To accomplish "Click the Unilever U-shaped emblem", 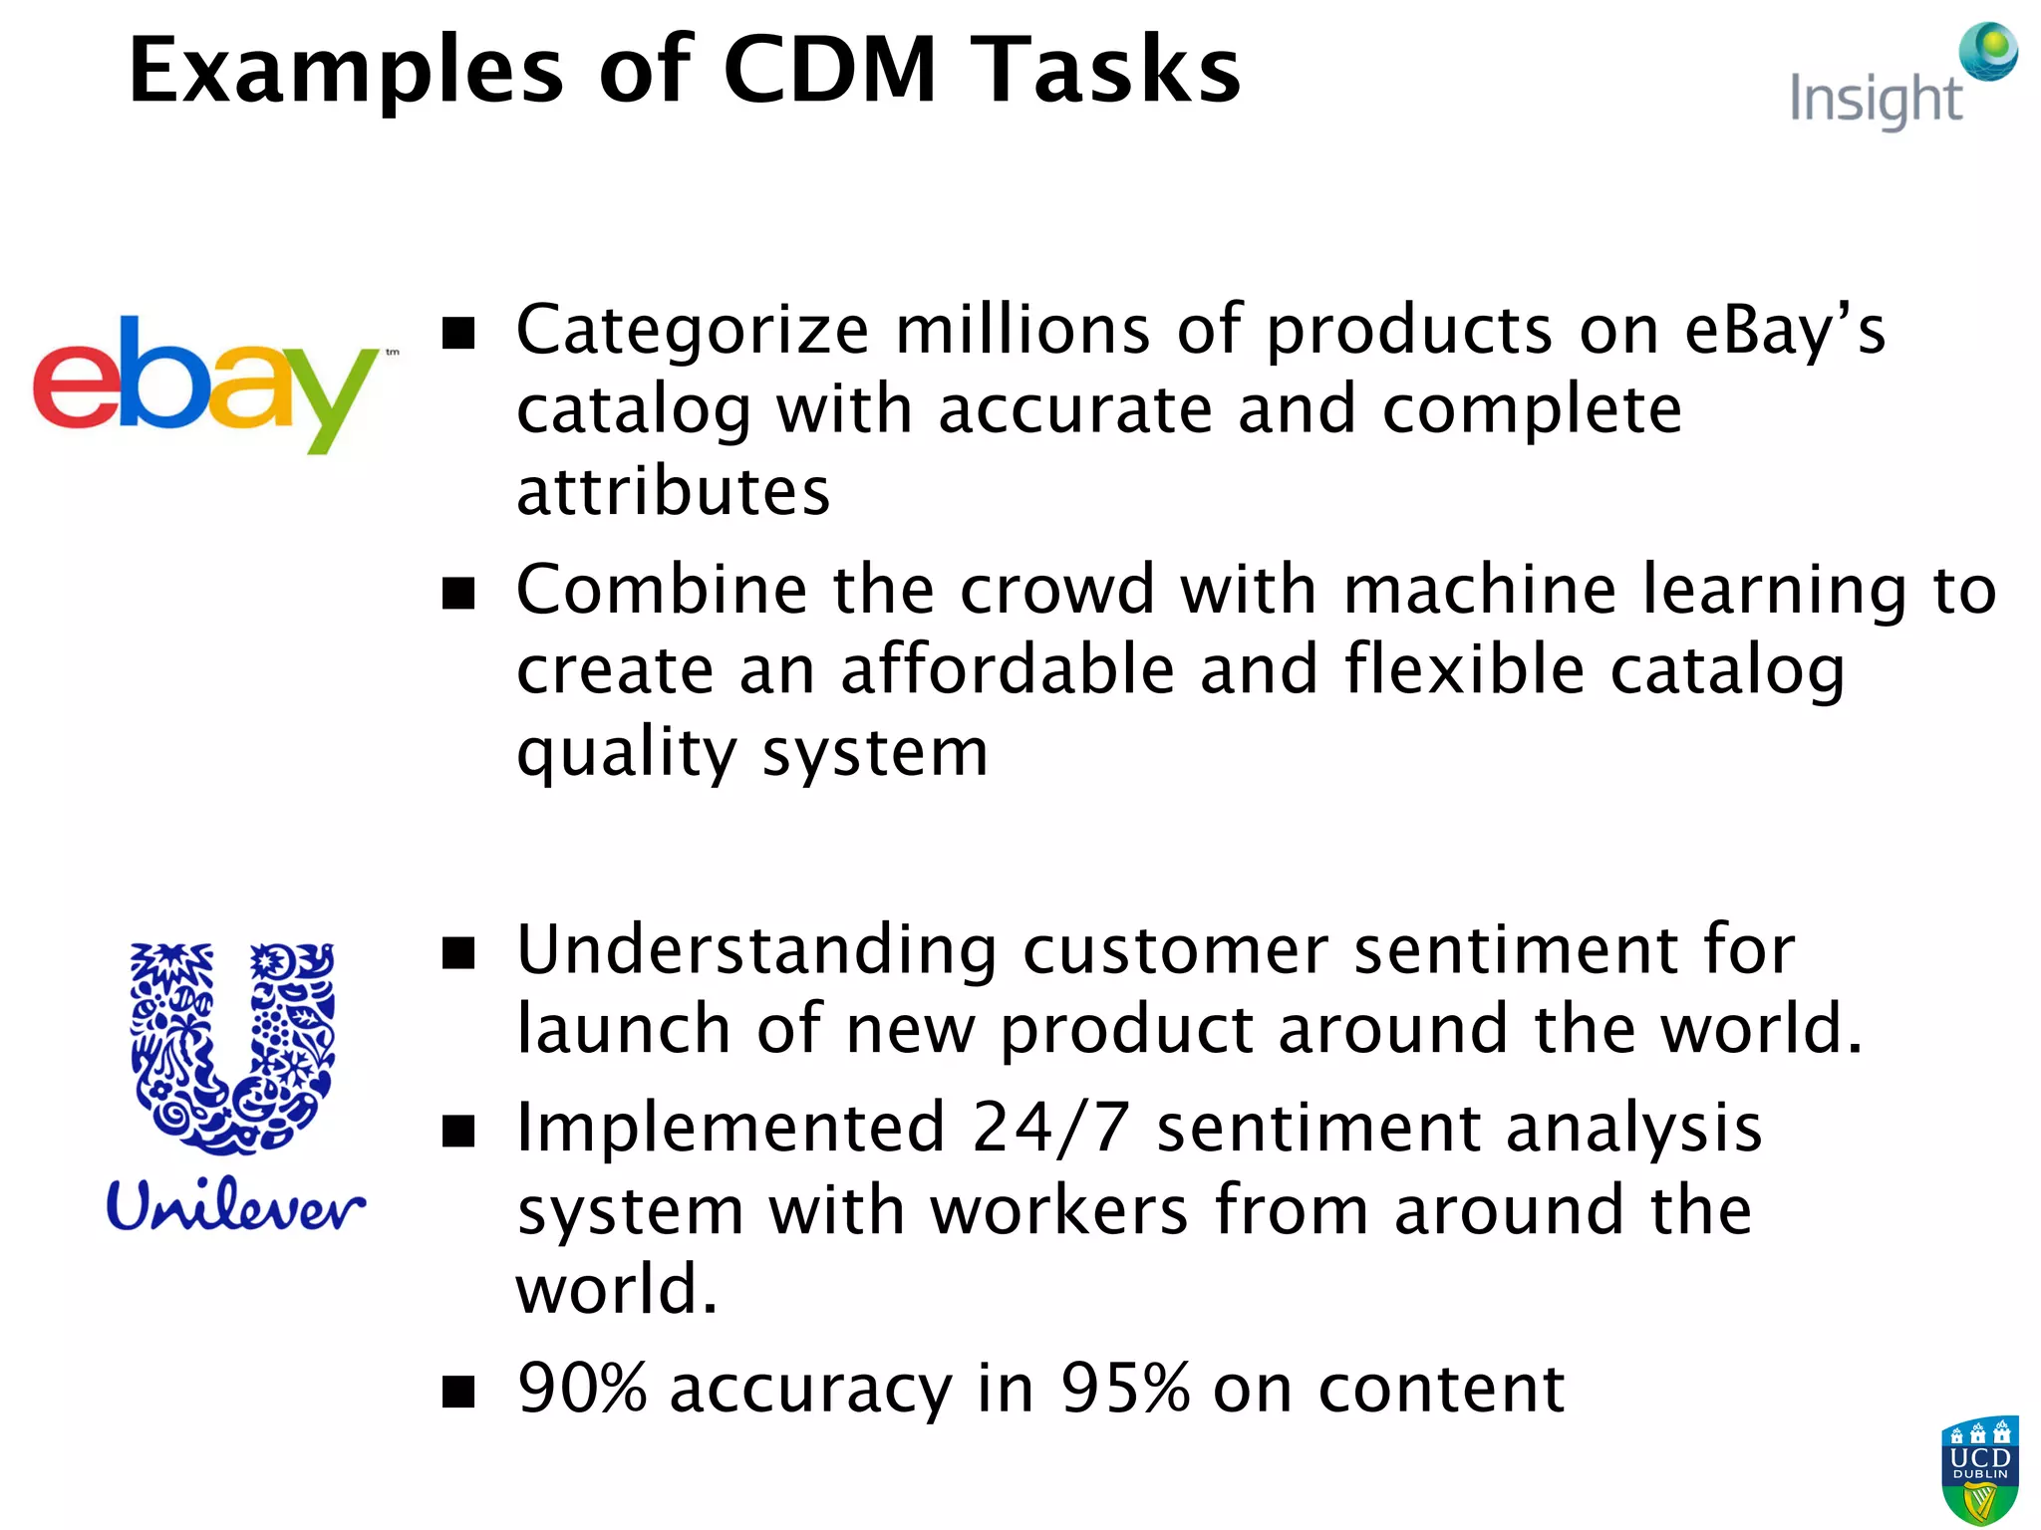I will click(232, 1046).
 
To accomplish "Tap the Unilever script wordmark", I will click(235, 1206).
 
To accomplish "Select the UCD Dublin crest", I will click(1979, 1470).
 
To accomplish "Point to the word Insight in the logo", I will click(1875, 101).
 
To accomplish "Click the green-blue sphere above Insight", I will click(1989, 51).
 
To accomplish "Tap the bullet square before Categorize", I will click(458, 333).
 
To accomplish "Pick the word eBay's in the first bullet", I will click(1784, 330).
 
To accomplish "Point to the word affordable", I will click(1008, 669).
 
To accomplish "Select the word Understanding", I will click(756, 950).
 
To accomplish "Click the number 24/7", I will click(1050, 1129).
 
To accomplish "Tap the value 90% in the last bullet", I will click(582, 1389).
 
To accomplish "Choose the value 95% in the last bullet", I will click(1124, 1389).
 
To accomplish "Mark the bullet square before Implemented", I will click(458, 1132).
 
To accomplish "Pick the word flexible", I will click(1464, 669).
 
